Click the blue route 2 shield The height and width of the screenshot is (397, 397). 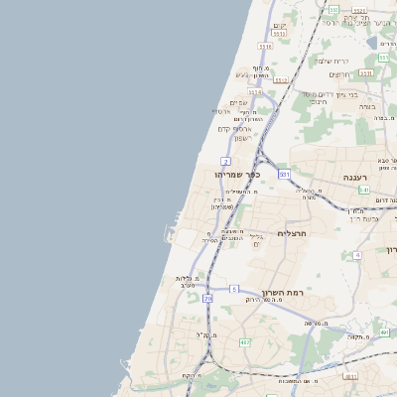pos(226,161)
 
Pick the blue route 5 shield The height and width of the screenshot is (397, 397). pos(234,288)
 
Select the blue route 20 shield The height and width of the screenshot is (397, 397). pos(207,298)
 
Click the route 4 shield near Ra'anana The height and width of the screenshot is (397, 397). pos(356,255)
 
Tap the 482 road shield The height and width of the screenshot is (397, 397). pos(244,342)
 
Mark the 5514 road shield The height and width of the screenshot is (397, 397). pos(255,92)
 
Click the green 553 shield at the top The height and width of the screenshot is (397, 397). pos(334,10)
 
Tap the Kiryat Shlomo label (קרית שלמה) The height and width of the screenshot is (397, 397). pos(331,61)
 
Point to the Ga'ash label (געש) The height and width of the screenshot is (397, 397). pos(242,73)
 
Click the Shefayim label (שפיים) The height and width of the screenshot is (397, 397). pos(238,102)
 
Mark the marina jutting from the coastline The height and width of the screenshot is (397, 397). pos(171,236)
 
